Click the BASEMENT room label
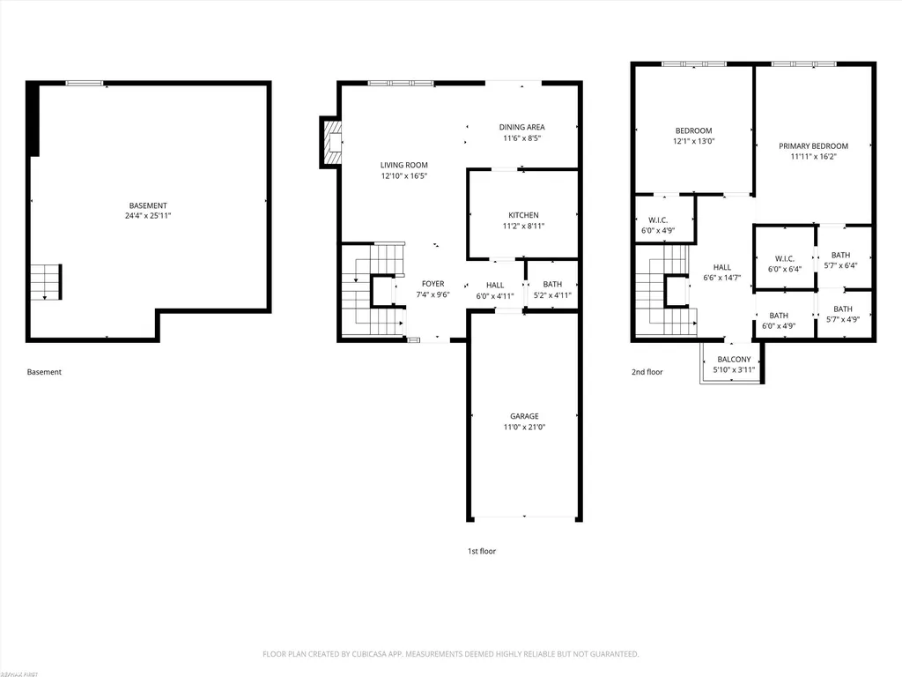[x=148, y=205]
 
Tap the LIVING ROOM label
[x=403, y=165]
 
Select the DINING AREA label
[x=521, y=127]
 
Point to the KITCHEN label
[x=523, y=215]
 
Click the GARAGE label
[x=524, y=416]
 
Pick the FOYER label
[x=433, y=284]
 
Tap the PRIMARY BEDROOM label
[x=813, y=146]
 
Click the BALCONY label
[x=734, y=360]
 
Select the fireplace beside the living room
[x=332, y=142]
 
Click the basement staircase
[x=46, y=282]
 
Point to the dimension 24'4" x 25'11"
[x=148, y=216]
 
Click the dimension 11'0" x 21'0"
[x=524, y=428]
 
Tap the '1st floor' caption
[x=482, y=551]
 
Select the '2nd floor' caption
[x=647, y=372]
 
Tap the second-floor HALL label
[x=722, y=267]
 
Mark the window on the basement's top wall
[x=84, y=84]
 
